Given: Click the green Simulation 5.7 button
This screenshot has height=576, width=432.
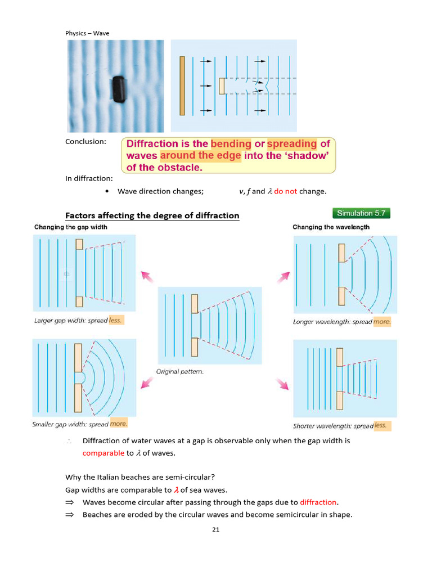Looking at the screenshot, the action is pos(361,213).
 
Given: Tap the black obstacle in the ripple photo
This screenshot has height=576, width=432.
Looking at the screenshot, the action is pos(119,89).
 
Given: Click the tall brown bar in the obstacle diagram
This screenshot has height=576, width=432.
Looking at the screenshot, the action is pos(182,85).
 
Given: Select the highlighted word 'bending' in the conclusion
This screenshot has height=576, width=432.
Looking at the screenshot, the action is pos(231,143).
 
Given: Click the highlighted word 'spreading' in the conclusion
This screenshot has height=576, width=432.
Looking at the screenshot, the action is pos(292,143).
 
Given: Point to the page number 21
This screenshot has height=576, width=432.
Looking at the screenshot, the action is pos(215,529).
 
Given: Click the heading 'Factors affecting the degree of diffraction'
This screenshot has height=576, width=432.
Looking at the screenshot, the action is pos(152,215).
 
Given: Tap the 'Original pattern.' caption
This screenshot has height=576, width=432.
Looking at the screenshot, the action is pos(179,371).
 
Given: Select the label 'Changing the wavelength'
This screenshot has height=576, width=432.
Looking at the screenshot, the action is pos(331,227).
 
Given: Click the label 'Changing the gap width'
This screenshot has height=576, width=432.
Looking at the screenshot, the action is pos(71,227).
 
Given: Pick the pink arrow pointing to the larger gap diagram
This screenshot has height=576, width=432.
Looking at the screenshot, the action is pos(147,277).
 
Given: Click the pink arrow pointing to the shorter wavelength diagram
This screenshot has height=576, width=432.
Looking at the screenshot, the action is pos(283,384).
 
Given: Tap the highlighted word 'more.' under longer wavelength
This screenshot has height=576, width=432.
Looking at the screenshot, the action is pos(382,322).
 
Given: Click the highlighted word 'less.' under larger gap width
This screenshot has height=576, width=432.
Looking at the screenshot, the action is pos(115,320).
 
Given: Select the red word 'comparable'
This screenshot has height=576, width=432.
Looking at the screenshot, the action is pos(103,453).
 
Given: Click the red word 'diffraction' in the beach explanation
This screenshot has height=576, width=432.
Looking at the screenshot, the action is pos(318,502).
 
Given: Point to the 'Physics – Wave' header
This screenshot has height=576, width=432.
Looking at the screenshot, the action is pos(87,33).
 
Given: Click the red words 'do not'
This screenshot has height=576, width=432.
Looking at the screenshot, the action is pos(285,191).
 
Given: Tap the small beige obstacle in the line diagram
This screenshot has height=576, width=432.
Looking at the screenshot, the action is pos(222,86).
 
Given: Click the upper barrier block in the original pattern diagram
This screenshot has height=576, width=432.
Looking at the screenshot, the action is pos(195,304).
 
